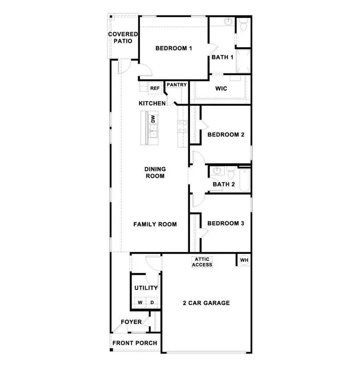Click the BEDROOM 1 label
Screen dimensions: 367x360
[174, 48]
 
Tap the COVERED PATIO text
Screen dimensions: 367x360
[123, 38]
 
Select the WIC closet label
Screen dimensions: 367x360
[221, 88]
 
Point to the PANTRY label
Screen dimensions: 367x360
[176, 85]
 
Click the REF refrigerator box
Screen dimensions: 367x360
[155, 88]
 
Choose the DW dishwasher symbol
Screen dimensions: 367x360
[152, 119]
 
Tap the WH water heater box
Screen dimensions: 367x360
[244, 260]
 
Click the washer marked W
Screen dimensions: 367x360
[140, 303]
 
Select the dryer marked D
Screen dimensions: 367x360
[152, 303]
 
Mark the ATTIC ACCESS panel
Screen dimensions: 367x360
[202, 262]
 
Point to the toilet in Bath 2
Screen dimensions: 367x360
[230, 173]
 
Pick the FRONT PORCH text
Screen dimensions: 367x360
[135, 343]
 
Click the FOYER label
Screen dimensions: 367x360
[131, 322]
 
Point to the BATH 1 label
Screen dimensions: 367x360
[222, 57]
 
